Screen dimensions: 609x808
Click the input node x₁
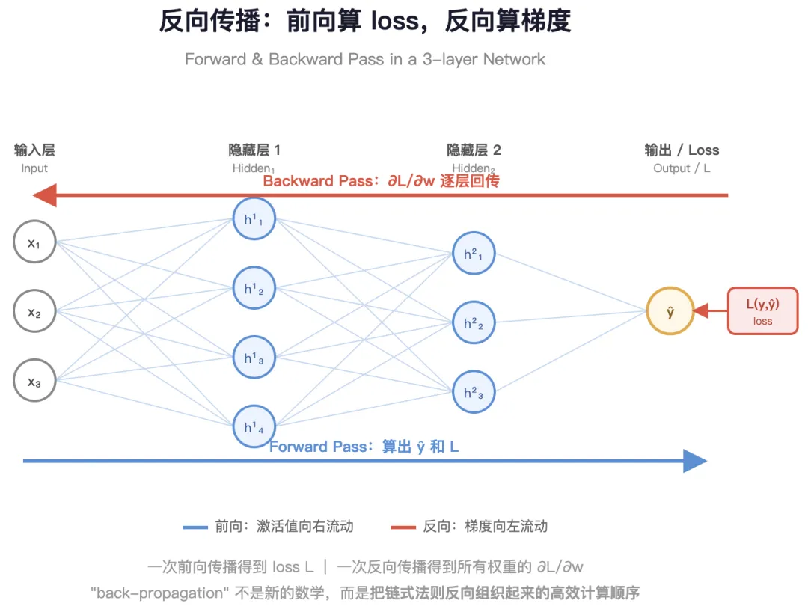pos(34,242)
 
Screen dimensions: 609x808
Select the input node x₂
pos(34,311)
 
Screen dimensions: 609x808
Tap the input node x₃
pos(34,381)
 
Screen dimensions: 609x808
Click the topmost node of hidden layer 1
pos(254,218)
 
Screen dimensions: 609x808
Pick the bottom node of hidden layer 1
pos(254,426)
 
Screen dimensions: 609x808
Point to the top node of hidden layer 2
pos(474,254)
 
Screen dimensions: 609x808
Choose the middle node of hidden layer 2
pos(474,322)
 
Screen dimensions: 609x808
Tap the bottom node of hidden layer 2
pos(474,391)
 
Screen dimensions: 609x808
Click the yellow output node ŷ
pos(670,311)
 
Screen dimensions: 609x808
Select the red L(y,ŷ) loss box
pos(762,311)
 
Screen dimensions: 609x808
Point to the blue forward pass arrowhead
pos(695,461)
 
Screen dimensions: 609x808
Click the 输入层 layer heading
pos(34,150)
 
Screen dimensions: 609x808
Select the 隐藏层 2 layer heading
pos(474,150)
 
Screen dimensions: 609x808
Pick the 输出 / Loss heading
pos(682,150)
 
